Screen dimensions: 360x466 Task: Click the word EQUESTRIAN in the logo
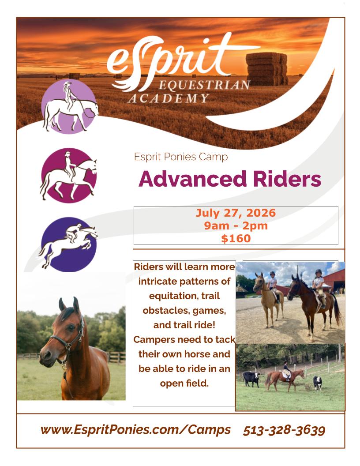[x=204, y=85]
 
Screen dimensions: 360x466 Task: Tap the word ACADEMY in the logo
[x=169, y=98]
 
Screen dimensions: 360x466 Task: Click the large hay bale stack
[x=266, y=69]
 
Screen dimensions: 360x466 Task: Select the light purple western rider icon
[x=69, y=106]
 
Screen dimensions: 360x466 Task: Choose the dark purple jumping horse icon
[x=69, y=244]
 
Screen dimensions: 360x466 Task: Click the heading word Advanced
[x=192, y=179]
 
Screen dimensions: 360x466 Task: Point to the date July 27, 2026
[x=236, y=213]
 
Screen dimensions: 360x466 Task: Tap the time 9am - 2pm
[x=236, y=226]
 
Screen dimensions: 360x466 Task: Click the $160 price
[x=236, y=239]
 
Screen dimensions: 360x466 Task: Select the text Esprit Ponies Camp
[x=180, y=157]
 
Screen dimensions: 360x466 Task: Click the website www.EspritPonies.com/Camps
[x=135, y=430]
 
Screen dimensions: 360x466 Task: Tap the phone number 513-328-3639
[x=284, y=430]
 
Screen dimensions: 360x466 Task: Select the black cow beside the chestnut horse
[x=251, y=379]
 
